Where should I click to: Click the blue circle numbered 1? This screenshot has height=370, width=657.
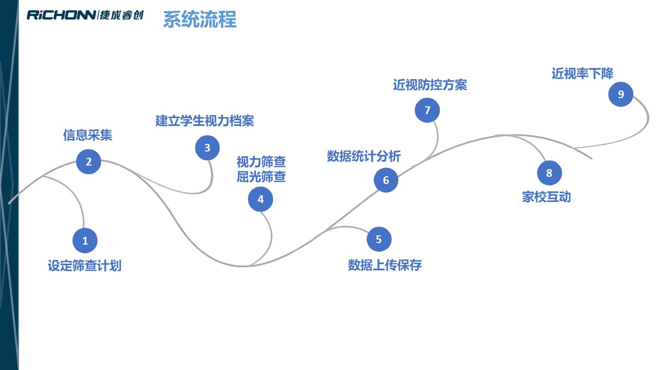coord(85,240)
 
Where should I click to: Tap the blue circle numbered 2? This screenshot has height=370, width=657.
coord(89,162)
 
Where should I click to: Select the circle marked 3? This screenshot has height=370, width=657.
coord(207,148)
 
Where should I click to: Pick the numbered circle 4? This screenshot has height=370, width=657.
coord(261,199)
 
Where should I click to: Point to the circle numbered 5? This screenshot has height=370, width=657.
coord(379,239)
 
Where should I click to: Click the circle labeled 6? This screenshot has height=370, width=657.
coord(386,180)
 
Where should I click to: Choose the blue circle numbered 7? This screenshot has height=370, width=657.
coord(427,110)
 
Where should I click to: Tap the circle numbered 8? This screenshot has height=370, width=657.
coord(549,173)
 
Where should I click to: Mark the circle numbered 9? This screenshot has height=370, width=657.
coord(621,95)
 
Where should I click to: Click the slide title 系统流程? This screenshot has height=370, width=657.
coord(200,20)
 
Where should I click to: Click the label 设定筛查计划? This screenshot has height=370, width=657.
coord(85,266)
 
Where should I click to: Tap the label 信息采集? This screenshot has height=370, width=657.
coord(88,135)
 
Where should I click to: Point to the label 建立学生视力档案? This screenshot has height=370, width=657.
coord(205,121)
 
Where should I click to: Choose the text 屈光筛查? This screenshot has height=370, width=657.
coord(261,177)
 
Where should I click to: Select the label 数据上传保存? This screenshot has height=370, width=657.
coord(385,265)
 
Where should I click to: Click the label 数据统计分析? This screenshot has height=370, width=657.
coord(364,156)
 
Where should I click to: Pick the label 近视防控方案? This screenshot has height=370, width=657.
coord(430,85)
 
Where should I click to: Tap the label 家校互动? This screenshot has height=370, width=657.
coord(547,197)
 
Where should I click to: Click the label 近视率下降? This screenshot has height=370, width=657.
coord(583,73)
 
